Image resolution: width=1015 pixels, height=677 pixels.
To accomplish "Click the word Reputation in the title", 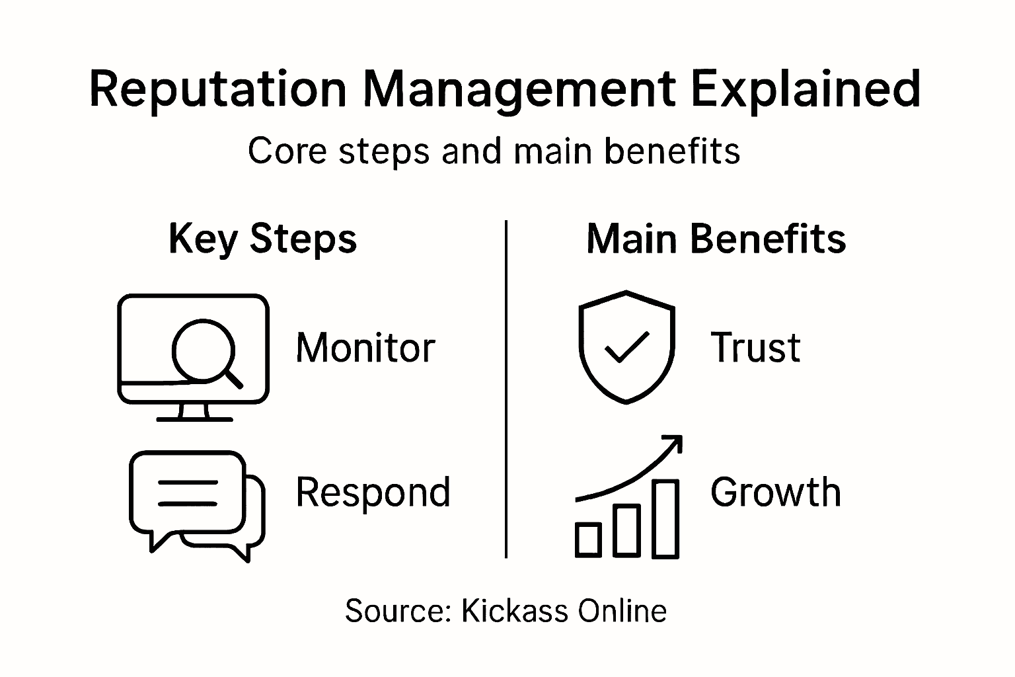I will click(x=217, y=89).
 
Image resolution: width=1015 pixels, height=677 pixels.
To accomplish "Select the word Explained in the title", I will click(x=806, y=89).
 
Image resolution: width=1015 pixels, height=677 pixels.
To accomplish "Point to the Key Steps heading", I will click(x=262, y=239).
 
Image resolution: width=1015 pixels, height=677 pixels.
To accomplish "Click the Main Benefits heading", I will click(x=716, y=239).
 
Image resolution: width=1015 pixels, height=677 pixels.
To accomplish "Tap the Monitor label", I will click(x=365, y=348).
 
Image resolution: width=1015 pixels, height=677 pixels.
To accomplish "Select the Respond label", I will click(x=373, y=493).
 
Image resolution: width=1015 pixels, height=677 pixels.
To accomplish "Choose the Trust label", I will click(x=755, y=348).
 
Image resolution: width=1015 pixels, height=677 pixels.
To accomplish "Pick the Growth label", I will click(x=776, y=493).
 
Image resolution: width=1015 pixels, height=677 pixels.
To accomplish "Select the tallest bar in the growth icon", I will click(x=665, y=518).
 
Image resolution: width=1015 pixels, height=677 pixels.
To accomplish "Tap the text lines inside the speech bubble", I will click(x=188, y=493).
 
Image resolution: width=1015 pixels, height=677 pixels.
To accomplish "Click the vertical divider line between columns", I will click(x=506, y=390).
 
